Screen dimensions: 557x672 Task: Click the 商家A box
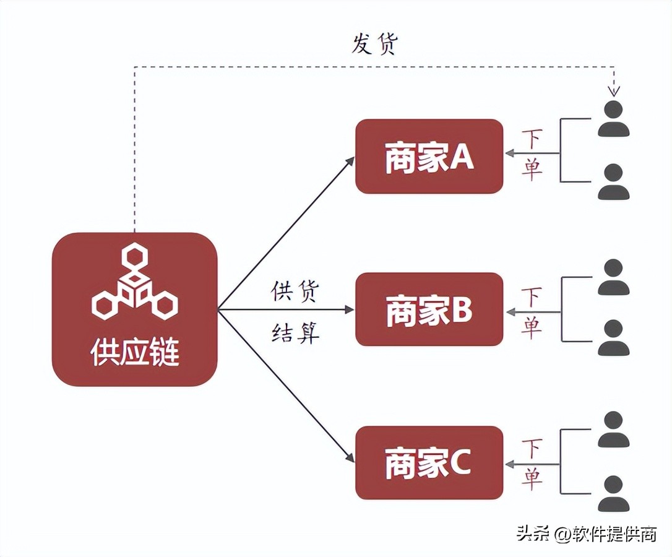point(429,157)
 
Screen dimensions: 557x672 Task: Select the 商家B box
point(429,309)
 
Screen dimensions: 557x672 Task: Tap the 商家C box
point(429,462)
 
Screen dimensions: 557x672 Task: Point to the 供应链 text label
point(135,353)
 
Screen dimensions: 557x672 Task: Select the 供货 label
point(295,291)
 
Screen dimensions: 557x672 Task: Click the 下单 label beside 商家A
point(532,155)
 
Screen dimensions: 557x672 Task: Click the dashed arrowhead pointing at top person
point(613,91)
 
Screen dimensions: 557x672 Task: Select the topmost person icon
point(613,119)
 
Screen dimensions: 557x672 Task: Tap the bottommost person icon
point(613,493)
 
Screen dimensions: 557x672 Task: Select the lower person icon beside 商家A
point(613,182)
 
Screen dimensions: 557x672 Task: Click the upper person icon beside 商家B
point(613,277)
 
